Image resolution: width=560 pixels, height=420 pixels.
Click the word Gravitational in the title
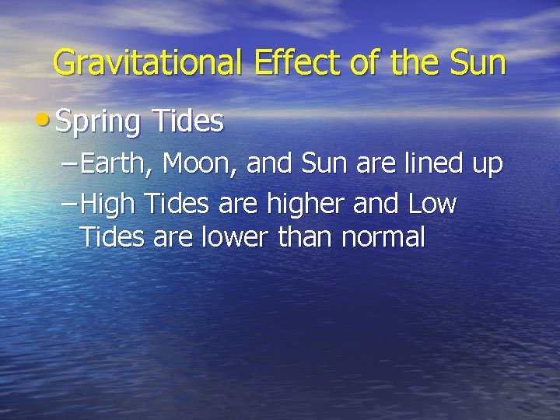click(149, 63)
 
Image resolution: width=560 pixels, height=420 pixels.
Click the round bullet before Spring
click(49, 121)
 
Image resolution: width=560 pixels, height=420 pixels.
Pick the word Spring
click(99, 123)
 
